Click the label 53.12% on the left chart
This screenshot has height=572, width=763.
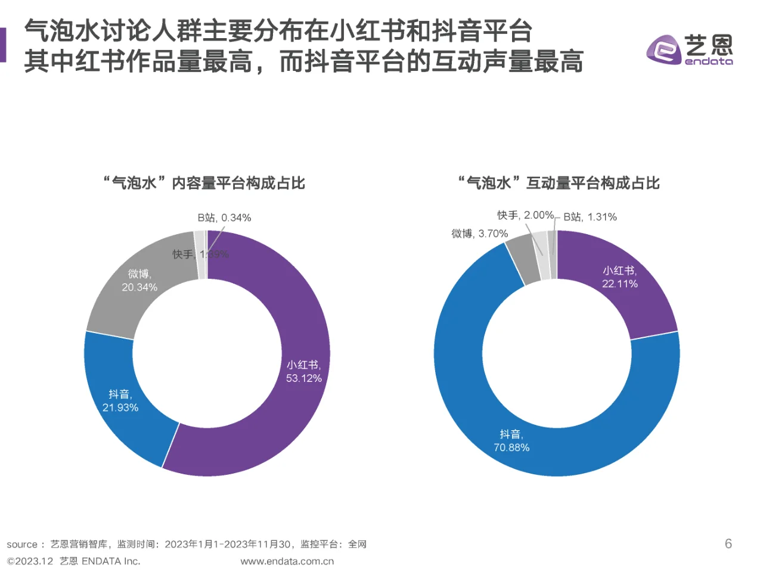tap(303, 378)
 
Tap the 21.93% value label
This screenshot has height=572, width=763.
tap(120, 408)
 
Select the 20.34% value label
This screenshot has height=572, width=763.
tap(139, 287)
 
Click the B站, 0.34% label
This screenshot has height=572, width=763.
tap(224, 218)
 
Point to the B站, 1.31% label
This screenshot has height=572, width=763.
tap(590, 217)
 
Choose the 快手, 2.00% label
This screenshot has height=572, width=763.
tap(525, 215)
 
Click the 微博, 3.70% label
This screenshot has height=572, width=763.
tap(479, 234)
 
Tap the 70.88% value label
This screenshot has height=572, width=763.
tap(511, 447)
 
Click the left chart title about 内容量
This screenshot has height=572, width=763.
tap(204, 183)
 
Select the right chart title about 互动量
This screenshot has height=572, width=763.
tap(559, 183)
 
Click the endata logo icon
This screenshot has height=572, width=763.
tap(663, 49)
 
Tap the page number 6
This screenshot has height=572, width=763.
tap(728, 543)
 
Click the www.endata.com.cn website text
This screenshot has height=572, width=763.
tap(287, 561)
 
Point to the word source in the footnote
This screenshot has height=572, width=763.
tap(22, 545)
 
